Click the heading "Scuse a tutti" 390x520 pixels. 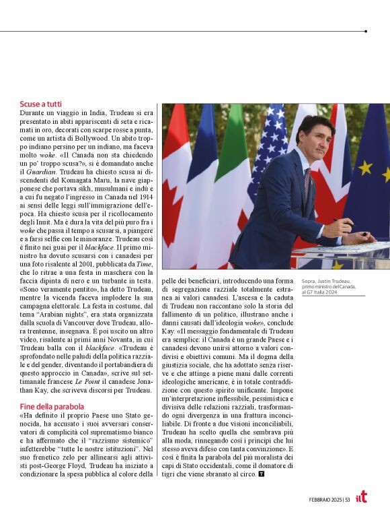[41, 105]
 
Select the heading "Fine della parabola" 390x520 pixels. [52, 407]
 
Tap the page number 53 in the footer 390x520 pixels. [347, 499]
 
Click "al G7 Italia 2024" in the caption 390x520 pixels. [323, 293]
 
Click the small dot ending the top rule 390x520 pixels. [365, 31]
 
